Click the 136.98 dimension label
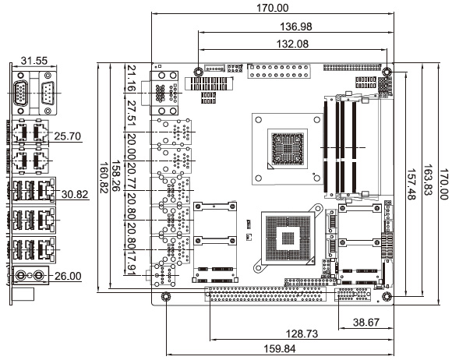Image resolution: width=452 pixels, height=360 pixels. [x=296, y=26]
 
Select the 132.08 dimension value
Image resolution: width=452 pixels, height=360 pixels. [x=292, y=44]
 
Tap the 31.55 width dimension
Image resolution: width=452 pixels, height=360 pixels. [x=34, y=61]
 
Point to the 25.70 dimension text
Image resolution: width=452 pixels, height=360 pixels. [x=68, y=136]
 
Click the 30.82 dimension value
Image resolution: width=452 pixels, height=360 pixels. [x=75, y=194]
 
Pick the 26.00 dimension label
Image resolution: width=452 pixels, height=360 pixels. [x=68, y=276]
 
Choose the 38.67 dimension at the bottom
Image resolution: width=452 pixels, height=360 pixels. [x=366, y=323]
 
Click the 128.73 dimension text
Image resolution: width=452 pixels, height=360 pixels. [x=302, y=334]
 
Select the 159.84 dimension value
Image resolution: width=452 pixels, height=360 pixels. [x=280, y=349]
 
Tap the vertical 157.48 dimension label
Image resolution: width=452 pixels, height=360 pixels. [x=411, y=185]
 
